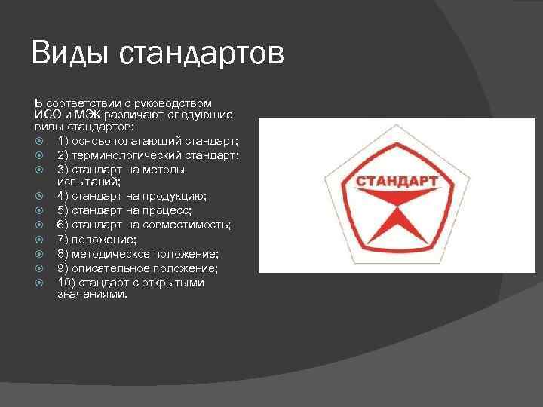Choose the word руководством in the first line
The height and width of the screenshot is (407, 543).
click(176, 103)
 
